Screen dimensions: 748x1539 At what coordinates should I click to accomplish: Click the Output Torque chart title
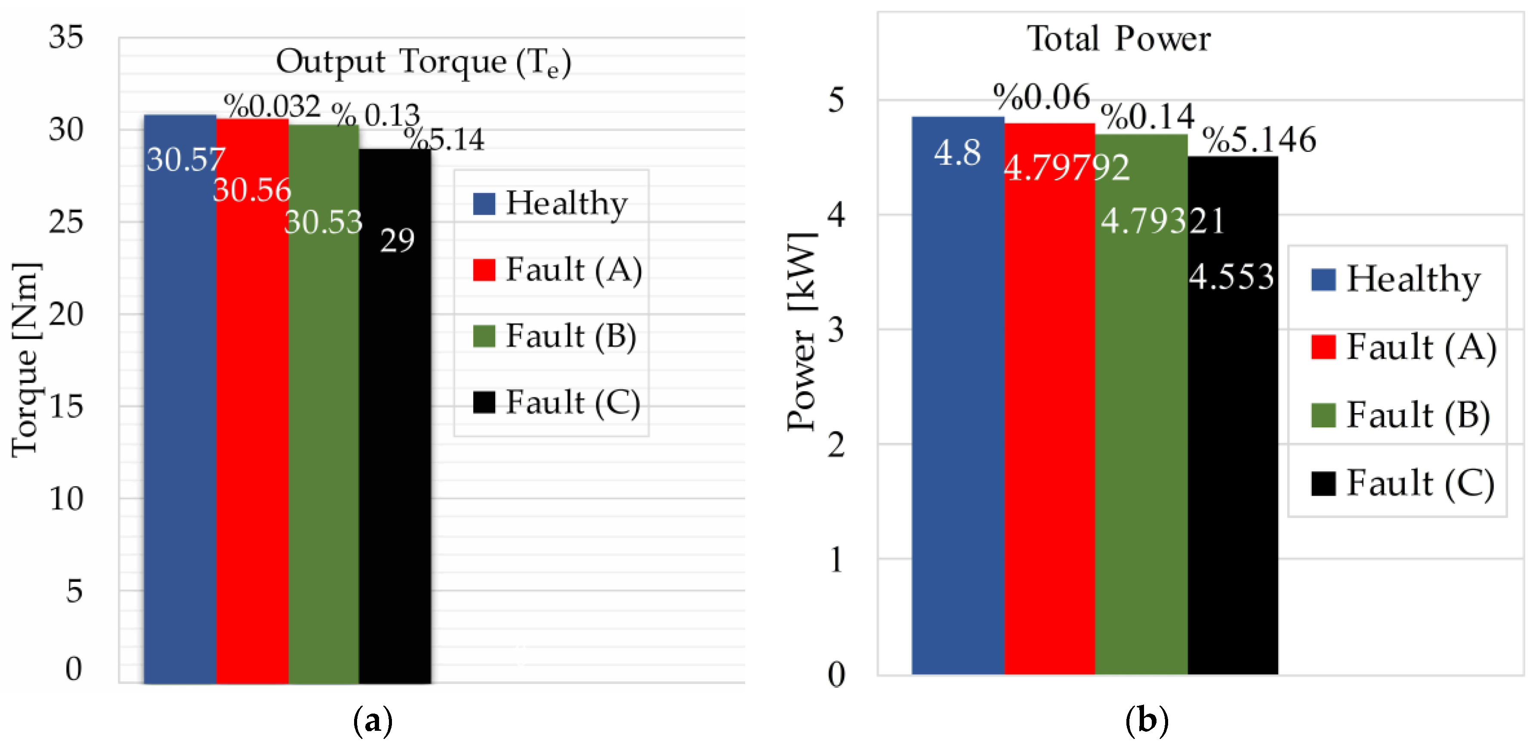(423, 62)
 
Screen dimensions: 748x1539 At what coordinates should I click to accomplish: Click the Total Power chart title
(1118, 40)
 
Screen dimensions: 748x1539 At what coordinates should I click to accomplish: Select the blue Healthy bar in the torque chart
(180, 418)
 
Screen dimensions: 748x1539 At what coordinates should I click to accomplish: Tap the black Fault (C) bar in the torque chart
(395, 448)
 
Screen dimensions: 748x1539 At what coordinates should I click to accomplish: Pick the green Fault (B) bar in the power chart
(1141, 448)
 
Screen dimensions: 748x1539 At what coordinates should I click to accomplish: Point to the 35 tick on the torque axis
(66, 37)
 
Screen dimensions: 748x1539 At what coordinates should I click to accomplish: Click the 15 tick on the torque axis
(66, 407)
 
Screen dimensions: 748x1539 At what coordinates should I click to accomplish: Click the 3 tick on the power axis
(836, 330)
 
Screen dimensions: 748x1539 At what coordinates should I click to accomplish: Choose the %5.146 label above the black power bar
(1259, 140)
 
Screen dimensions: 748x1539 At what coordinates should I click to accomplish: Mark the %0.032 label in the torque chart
(272, 106)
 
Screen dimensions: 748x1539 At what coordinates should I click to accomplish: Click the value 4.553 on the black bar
(1231, 277)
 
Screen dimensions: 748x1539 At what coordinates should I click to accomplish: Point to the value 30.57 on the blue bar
(186, 160)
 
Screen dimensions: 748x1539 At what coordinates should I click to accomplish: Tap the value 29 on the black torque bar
(397, 241)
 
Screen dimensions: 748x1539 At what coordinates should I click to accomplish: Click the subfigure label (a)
(373, 720)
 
